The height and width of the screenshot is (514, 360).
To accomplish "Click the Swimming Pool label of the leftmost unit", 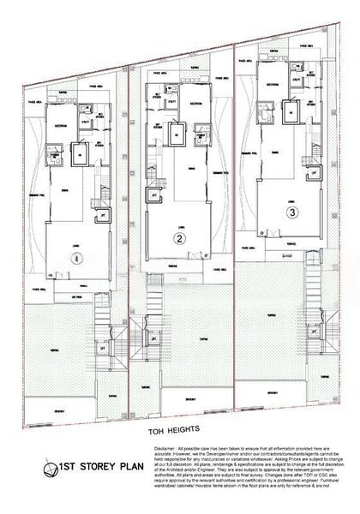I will click(35, 199).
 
